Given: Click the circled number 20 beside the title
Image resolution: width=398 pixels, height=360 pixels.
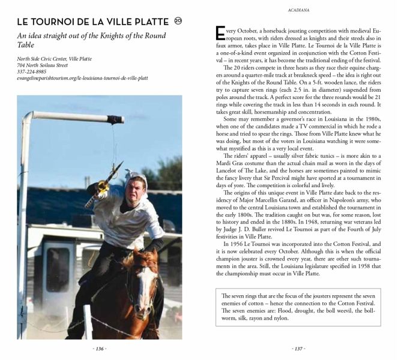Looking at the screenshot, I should (x=178, y=21).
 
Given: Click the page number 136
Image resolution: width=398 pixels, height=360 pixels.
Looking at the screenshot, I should (x=100, y=349).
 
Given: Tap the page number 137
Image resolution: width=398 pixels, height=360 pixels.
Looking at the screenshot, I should (x=298, y=349).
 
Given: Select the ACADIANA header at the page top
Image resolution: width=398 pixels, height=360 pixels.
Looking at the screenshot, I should (x=298, y=10).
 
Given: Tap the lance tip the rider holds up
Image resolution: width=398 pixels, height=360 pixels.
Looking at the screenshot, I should (x=118, y=166).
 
